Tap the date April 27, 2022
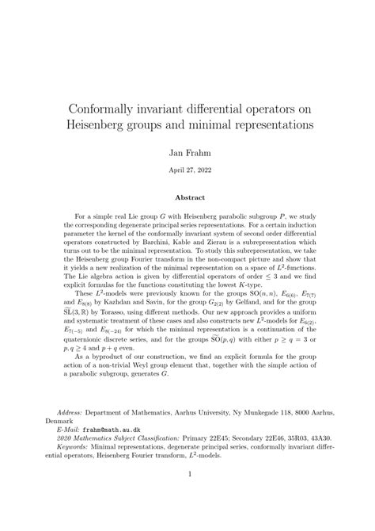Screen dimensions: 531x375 click(187, 168)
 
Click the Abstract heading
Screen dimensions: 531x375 click(187, 198)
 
